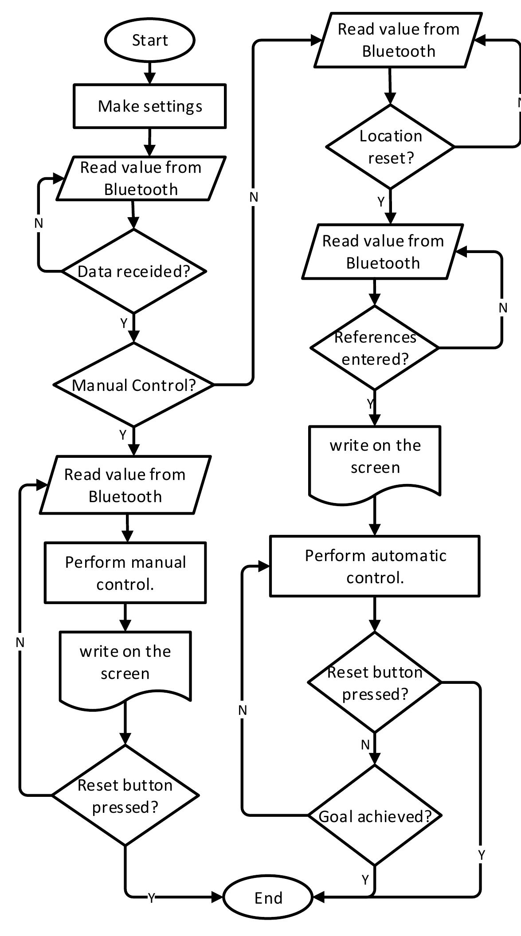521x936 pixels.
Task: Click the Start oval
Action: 149,40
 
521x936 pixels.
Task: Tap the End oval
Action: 268,898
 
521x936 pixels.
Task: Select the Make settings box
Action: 149,106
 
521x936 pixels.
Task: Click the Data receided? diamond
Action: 133,271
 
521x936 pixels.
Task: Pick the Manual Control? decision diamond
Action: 133,385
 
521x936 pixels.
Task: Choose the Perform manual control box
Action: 125,573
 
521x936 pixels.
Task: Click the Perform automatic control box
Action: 375,566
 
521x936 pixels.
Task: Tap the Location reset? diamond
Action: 390,147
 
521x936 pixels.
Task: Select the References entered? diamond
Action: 375,348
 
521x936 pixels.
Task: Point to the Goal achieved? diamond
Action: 375,816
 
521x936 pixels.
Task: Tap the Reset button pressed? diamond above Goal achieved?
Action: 375,683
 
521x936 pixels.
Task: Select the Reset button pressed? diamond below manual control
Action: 125,796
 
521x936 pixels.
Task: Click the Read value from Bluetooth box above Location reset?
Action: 398,40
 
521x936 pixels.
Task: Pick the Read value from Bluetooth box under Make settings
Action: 141,178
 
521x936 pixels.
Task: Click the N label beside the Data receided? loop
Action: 39,223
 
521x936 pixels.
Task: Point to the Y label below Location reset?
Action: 381,202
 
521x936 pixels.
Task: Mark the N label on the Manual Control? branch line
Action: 253,197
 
